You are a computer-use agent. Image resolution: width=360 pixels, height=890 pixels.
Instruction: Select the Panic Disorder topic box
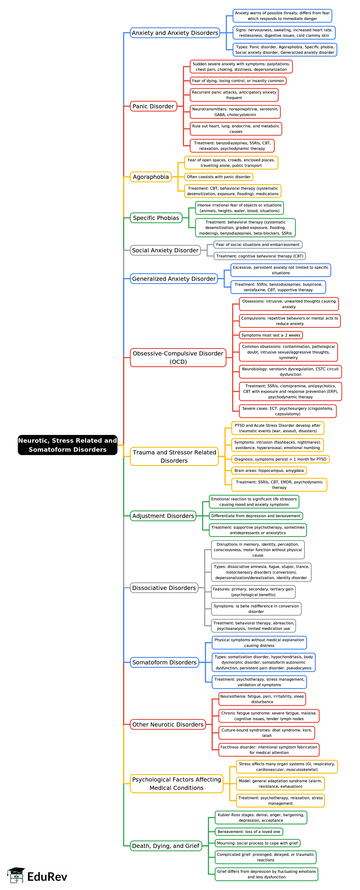coord(153,106)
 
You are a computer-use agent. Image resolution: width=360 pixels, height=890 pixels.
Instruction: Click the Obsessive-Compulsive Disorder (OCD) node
coord(178,358)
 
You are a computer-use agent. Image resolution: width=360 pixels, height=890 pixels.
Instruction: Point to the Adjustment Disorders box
coord(163,516)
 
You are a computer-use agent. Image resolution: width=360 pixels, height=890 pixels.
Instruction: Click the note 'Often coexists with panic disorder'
coord(219,177)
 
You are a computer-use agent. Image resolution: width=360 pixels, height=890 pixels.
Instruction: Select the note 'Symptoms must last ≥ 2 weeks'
coord(271,335)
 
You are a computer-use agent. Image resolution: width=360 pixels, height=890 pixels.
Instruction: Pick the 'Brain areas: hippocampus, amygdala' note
coord(269,470)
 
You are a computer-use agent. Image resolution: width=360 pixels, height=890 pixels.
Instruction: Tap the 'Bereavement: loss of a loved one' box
coord(249,832)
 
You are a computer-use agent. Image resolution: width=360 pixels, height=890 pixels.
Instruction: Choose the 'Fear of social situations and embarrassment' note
coord(258,245)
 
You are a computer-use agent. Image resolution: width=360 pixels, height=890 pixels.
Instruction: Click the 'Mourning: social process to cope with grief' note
coord(257,843)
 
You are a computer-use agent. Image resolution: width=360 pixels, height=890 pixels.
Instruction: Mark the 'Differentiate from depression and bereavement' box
coord(256,516)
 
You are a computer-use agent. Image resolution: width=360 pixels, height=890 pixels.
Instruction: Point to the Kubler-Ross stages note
coord(261,817)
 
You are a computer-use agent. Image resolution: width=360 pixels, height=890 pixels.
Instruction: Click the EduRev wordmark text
coord(47,877)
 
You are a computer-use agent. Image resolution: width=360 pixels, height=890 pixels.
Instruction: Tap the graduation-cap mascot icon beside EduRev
coord(16,875)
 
